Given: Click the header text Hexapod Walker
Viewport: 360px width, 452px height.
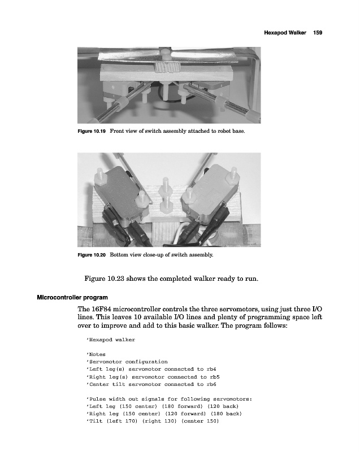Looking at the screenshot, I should (285, 33).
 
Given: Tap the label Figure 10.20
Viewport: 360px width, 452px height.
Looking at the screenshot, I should (92, 255).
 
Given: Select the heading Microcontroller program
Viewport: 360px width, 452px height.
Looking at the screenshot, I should (72, 297).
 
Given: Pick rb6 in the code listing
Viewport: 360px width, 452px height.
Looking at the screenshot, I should (212, 384).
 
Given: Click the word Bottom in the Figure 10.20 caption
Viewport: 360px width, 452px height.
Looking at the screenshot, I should (120, 255).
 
